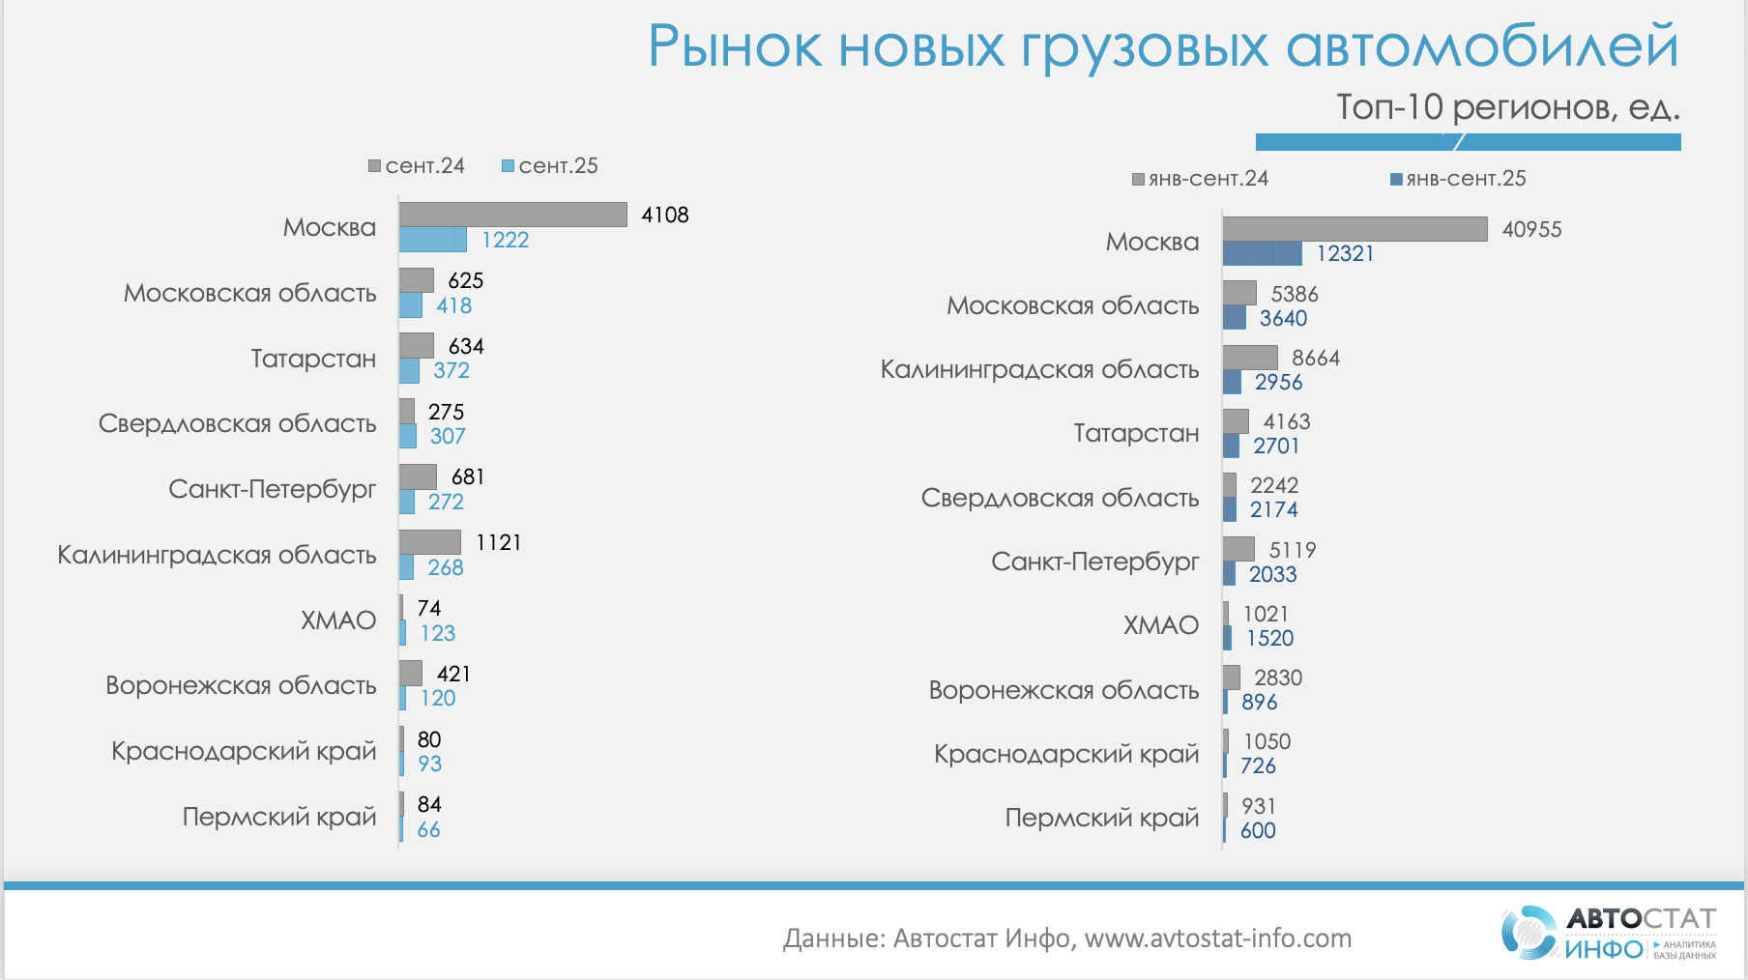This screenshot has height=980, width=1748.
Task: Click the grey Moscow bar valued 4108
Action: coord(512,215)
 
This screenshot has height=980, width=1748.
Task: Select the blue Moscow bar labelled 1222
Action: coord(432,240)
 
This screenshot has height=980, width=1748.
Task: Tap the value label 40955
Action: coord(1531,229)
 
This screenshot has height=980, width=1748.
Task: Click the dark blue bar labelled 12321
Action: coord(1262,253)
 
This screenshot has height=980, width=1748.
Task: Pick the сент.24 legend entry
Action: coord(417,166)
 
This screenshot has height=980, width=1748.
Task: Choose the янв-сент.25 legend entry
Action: coord(1458,179)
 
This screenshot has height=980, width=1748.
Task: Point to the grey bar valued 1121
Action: coord(430,542)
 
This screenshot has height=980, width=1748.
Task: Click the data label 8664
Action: coord(1316,358)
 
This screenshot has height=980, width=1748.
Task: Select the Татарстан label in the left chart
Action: coord(313,359)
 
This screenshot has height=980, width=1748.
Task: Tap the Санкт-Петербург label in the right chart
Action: coord(1094,562)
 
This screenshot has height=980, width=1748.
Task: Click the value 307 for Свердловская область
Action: coord(448,436)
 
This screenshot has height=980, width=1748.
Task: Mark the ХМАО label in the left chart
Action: coord(337,620)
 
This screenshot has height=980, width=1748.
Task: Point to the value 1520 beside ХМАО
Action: coord(1269,638)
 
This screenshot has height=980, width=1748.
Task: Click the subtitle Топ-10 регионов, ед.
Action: coord(1507,107)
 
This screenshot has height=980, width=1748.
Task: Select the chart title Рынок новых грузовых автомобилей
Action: coord(1162,45)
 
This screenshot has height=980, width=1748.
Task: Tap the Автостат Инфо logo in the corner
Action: coord(1609,933)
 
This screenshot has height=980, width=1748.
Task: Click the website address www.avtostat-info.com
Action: coord(1217,938)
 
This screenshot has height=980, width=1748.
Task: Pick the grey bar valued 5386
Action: coord(1239,293)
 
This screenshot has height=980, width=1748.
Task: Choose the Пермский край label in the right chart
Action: coord(1101,818)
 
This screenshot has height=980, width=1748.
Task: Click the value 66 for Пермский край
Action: coord(428,829)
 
